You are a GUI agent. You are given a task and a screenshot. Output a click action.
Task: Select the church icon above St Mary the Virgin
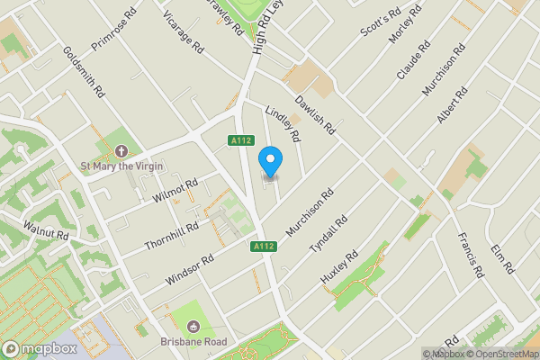click(x=122, y=150)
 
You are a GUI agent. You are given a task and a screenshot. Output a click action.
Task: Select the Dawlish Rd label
click(x=314, y=115)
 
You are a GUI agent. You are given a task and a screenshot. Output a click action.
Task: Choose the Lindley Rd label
click(x=283, y=127)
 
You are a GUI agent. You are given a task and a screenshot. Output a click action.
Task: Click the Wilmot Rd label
click(x=175, y=189)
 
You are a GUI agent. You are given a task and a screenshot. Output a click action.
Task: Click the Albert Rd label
click(x=452, y=106)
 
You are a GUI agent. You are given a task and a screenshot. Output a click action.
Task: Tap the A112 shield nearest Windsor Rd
click(x=263, y=247)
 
